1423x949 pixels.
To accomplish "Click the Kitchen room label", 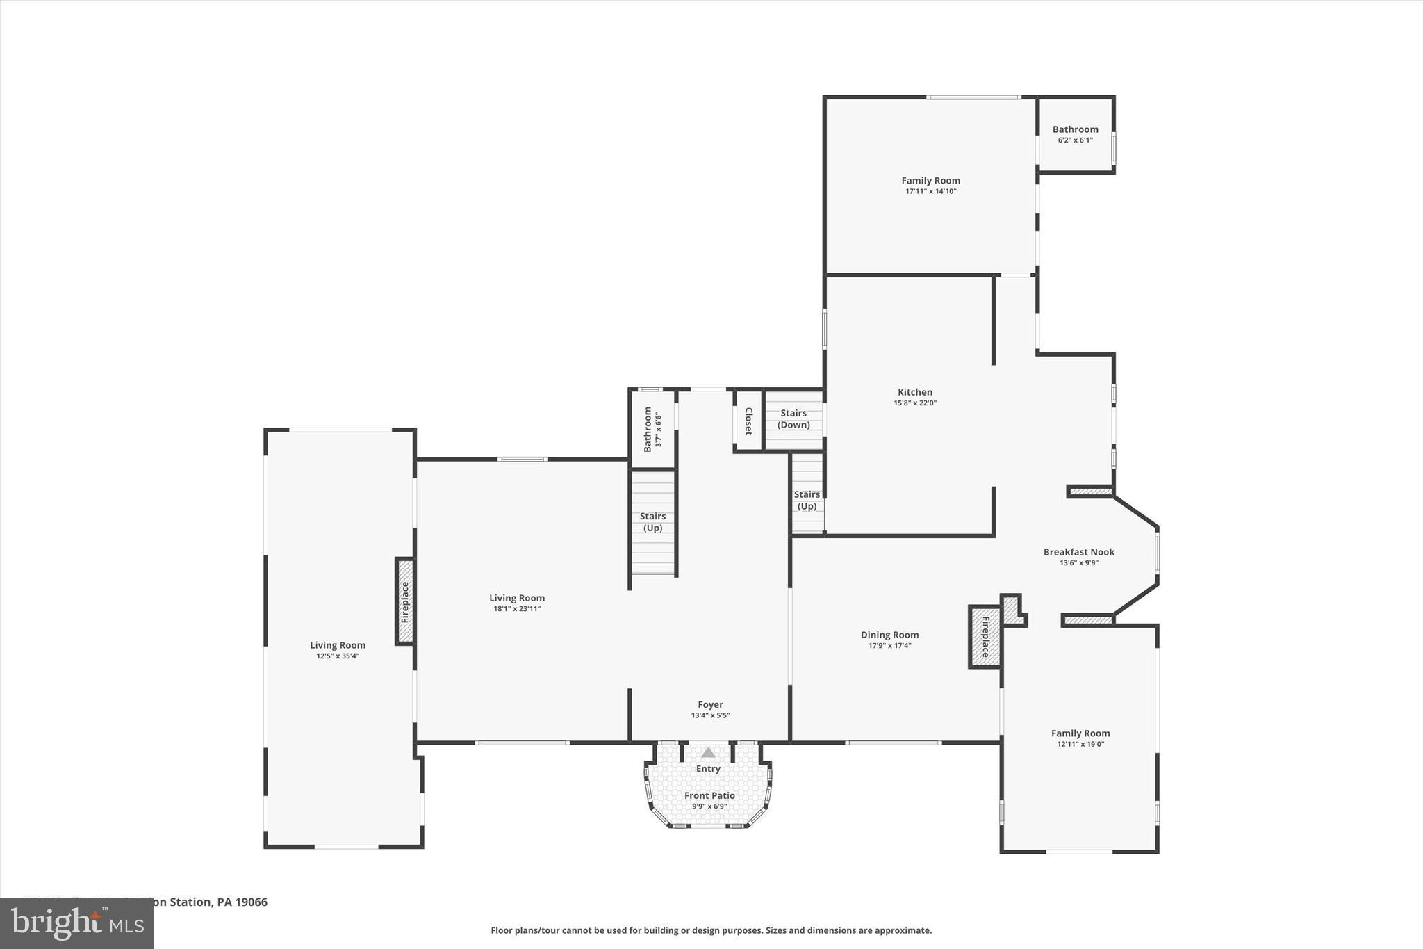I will coord(914,392).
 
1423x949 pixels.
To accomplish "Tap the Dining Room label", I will coord(889,635).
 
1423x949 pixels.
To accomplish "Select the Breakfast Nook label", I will coord(1078,552).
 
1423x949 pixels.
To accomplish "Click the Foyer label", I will coord(710,704).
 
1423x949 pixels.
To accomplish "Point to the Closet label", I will coord(748,421).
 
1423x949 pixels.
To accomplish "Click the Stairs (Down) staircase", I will coord(793,419).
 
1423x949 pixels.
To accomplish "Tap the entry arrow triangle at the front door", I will coord(708,752).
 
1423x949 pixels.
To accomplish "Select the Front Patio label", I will coord(709,795).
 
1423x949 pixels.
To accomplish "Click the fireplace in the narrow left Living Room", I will coord(405,601).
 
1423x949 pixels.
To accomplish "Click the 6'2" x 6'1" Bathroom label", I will coord(1075,129).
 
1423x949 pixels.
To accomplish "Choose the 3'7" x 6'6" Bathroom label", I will coord(648,429).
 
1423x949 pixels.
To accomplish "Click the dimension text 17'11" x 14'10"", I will coord(930,191).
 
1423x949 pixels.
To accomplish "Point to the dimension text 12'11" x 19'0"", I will coord(1080,744).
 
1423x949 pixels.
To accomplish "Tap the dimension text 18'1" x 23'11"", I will coord(517,609).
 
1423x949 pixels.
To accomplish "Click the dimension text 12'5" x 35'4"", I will coord(338,656).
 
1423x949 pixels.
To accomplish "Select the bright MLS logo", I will coord(77,923).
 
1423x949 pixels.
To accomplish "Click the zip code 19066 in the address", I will coord(252,902).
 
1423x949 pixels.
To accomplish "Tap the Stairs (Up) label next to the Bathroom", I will coord(652,522).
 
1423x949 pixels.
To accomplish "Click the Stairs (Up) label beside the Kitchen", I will coord(807,500).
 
